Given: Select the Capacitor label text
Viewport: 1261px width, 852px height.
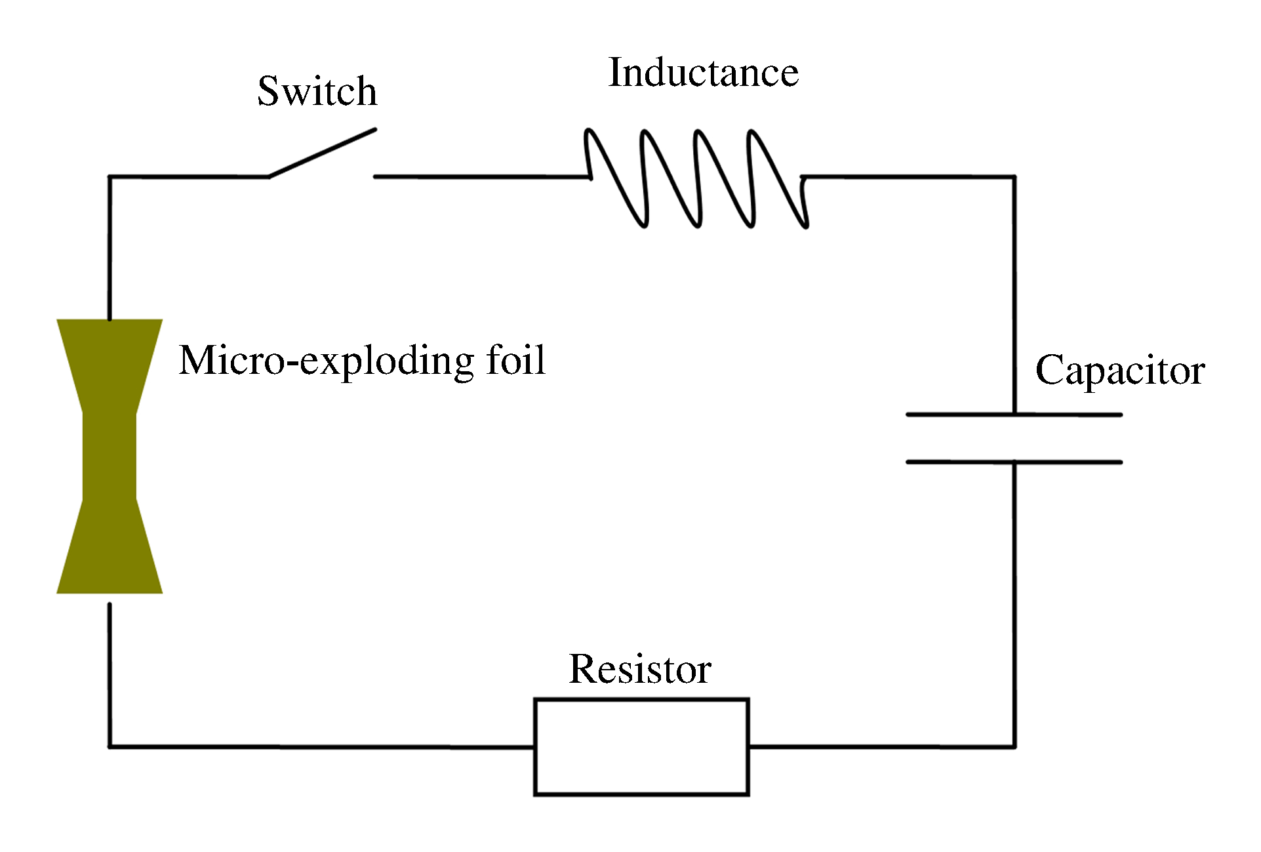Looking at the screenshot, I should (1119, 371).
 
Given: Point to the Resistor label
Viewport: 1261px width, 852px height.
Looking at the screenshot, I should (640, 669).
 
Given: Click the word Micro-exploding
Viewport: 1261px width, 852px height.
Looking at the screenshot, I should (327, 361).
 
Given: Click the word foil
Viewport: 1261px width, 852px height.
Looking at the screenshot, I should (516, 360).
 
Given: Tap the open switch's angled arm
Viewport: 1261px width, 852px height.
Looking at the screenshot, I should (322, 153).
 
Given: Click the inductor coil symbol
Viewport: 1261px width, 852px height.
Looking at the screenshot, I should (697, 178).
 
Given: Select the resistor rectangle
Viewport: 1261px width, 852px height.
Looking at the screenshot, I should (641, 746).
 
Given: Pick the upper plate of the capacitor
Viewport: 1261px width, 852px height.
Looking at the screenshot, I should (1014, 415).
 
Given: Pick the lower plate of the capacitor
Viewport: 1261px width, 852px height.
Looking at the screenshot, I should (1014, 462).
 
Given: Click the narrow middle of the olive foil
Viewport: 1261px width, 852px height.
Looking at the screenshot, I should (110, 456).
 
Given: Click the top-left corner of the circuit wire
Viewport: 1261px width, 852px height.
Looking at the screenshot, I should (110, 177).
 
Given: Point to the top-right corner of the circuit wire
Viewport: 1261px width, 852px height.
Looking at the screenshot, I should (1014, 177).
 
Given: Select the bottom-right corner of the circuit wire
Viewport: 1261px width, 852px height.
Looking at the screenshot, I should (1014, 746).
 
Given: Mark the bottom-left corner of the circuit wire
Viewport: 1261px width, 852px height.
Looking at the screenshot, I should (110, 746).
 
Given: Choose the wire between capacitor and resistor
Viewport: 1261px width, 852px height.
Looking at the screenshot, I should (1014, 603).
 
